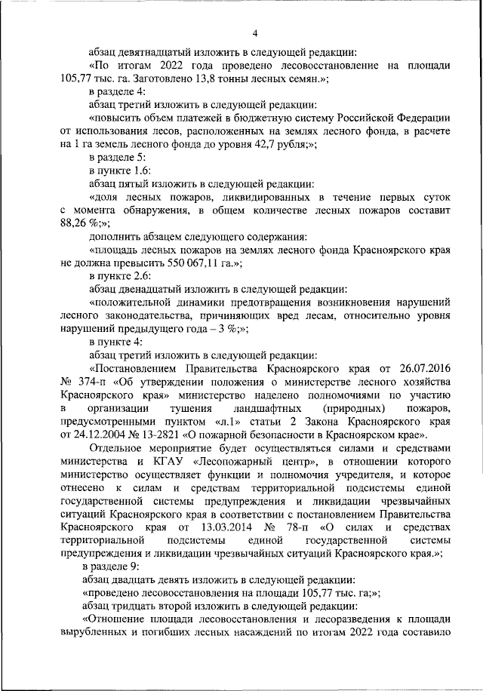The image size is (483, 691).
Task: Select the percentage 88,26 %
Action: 75,223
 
